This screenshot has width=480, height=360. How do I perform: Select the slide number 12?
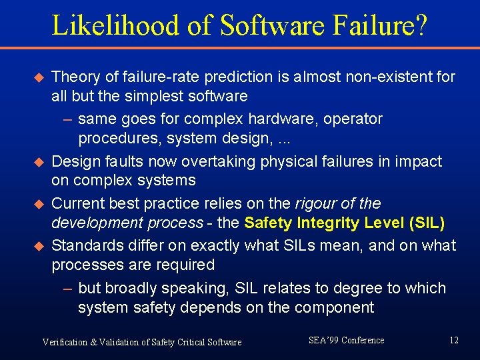(454, 341)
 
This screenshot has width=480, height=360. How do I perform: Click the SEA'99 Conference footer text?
(346, 341)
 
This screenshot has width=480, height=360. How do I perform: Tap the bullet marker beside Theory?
(38, 77)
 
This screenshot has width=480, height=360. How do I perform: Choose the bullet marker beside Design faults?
(38, 162)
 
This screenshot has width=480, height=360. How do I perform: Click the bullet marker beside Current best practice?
(38, 204)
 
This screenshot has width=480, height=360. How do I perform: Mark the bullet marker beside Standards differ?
(38, 246)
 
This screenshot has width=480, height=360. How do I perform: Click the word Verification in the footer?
(65, 342)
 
